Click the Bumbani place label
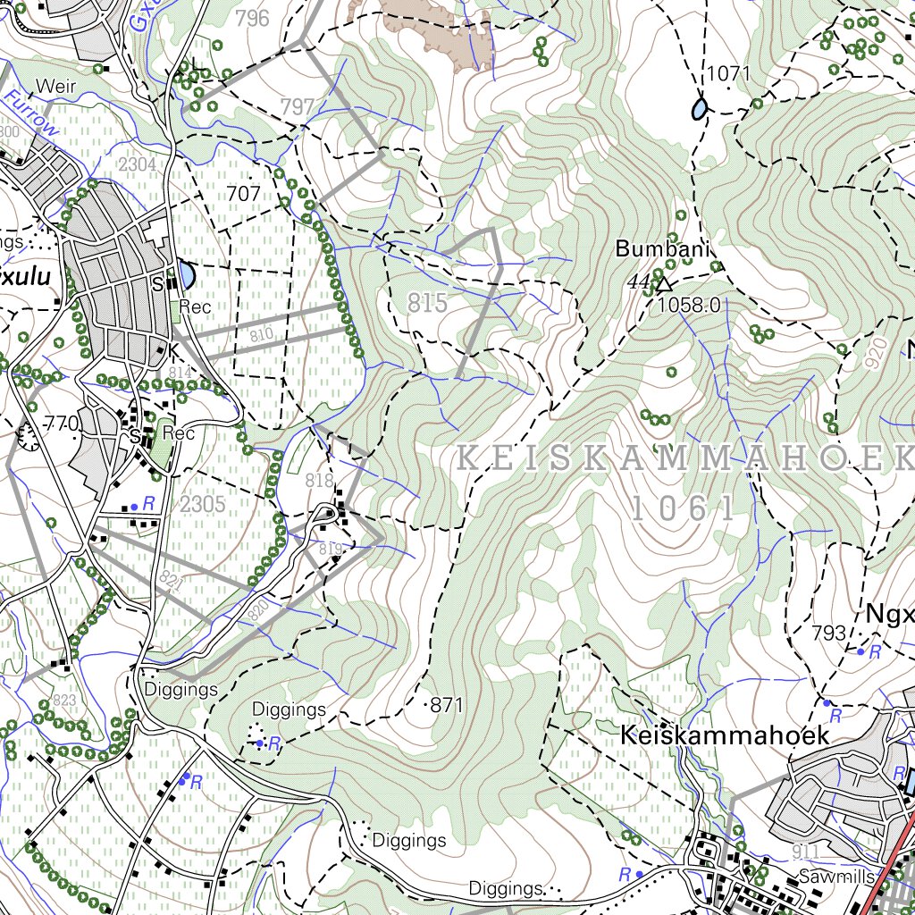661,249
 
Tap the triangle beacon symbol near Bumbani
663,285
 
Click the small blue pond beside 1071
699,108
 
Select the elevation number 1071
727,73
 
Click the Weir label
55,87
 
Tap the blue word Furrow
31,113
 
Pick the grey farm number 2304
137,164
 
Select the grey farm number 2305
202,504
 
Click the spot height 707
244,194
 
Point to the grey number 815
427,303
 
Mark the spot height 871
447,706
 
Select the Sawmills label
836,877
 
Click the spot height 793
828,634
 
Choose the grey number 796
252,18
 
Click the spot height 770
62,424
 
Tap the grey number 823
64,700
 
